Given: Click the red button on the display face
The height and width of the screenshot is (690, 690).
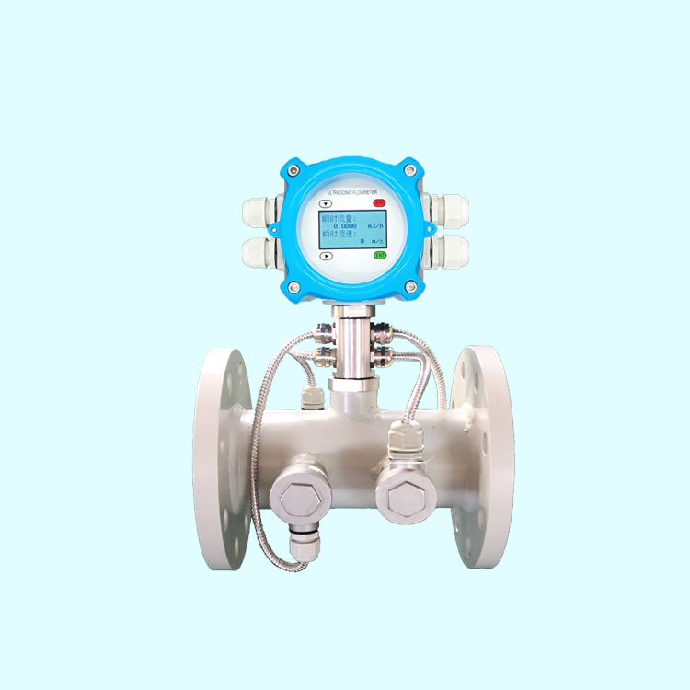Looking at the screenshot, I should click(x=379, y=202).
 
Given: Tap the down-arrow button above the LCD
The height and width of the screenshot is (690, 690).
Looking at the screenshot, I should click(x=324, y=202).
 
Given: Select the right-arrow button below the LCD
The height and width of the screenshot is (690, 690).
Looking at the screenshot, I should click(x=326, y=257).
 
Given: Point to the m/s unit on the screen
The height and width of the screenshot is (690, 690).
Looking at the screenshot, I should click(x=376, y=240).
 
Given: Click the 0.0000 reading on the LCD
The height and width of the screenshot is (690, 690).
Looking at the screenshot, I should click(x=346, y=225).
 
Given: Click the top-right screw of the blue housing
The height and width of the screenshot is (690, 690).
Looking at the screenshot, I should click(x=412, y=169).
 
